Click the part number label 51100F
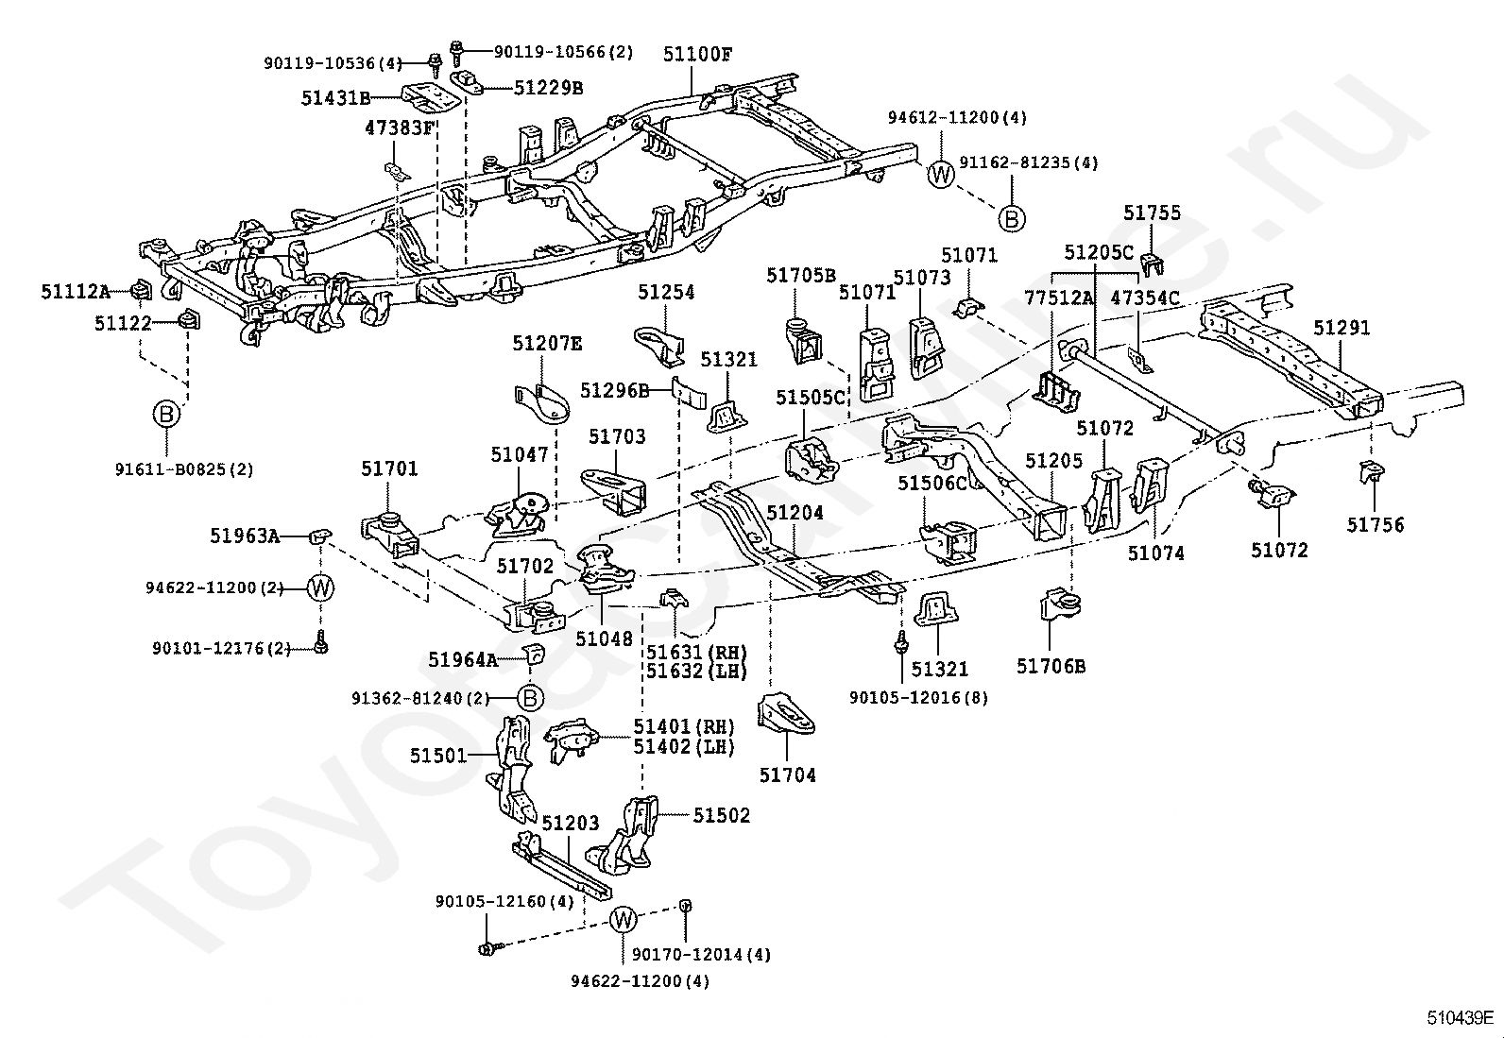[x=697, y=55]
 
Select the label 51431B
[x=335, y=98]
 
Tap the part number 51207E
[x=547, y=344]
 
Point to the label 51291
[x=1342, y=328]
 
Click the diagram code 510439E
[x=1461, y=1018]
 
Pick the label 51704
[x=788, y=775]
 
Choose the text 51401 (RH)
[x=684, y=726]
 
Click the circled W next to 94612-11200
[x=941, y=175]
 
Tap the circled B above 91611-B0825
[x=166, y=415]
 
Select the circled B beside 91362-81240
[x=531, y=699]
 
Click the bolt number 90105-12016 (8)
[x=918, y=698]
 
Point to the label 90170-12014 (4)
[x=701, y=955]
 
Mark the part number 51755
[x=1153, y=213]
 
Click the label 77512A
[x=1058, y=298]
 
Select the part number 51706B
[x=1051, y=666]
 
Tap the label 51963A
[x=245, y=536]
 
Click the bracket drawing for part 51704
[x=786, y=714]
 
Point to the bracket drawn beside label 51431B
[x=431, y=98]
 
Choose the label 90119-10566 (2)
[x=563, y=52]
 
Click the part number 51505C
[x=810, y=398]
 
